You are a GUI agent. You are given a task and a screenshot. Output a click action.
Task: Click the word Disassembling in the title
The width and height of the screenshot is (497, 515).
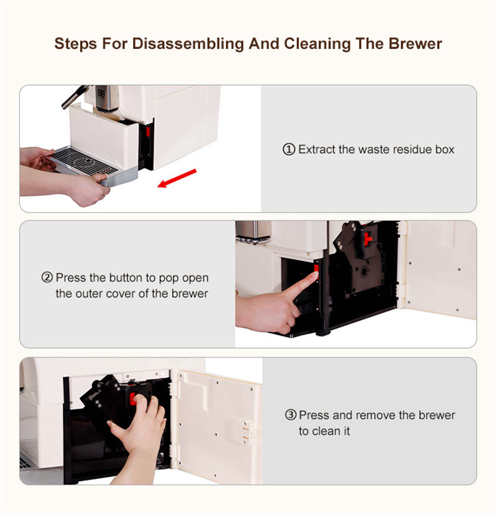[x=188, y=44]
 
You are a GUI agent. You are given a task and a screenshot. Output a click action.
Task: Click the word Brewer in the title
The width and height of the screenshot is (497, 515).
[x=415, y=43]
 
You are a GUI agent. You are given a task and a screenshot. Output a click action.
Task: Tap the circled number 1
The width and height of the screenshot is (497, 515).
[x=289, y=150]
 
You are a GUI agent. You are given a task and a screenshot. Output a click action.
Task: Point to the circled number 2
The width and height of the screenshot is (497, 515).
[x=47, y=277]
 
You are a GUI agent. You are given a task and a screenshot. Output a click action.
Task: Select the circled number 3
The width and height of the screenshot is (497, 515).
[x=291, y=415]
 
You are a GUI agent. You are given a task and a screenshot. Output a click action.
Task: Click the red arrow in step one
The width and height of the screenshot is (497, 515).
[x=177, y=178]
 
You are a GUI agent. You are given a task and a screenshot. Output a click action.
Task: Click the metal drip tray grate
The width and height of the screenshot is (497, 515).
[x=84, y=161]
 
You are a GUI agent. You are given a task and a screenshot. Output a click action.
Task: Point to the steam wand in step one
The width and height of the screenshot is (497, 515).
[x=75, y=96]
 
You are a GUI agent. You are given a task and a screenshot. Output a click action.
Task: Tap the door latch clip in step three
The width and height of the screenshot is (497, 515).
[x=244, y=432]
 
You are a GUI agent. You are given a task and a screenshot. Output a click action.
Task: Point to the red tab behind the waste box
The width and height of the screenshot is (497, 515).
[x=148, y=132]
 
